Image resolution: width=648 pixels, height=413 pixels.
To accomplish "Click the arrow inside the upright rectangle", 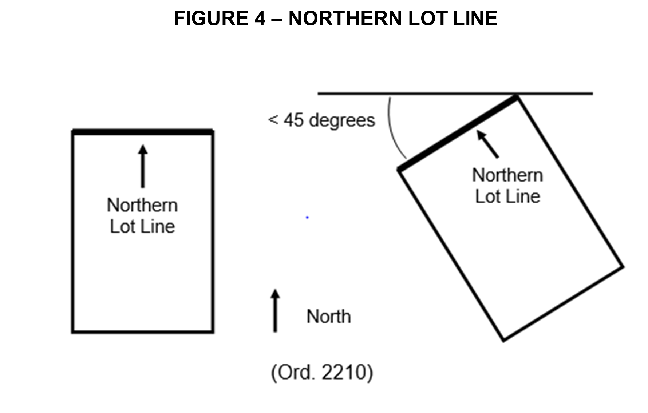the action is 143,166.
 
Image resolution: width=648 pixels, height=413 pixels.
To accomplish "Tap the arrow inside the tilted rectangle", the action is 487,144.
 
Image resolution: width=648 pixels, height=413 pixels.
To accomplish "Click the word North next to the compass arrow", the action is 329,317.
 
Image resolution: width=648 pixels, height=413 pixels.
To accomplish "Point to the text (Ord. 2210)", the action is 322,373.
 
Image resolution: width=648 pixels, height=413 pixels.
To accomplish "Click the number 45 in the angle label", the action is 293,120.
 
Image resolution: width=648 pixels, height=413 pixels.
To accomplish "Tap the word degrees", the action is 342,120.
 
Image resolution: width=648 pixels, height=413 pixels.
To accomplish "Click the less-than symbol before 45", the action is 273,120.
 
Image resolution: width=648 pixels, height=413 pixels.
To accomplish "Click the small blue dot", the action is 307,218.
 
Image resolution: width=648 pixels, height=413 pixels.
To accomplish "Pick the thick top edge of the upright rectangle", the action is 143,132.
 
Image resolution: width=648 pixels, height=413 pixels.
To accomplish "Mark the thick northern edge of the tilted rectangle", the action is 457,133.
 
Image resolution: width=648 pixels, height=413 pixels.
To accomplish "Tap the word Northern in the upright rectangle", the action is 142,205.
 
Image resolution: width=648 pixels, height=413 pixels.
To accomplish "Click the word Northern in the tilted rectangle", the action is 507,175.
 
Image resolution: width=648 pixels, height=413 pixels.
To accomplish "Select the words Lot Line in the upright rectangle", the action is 142,227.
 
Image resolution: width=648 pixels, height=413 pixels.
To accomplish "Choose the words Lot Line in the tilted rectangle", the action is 507,196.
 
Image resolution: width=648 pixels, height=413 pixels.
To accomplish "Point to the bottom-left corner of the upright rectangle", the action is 73,331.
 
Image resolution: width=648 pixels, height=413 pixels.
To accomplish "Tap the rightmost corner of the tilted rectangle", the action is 623,267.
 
